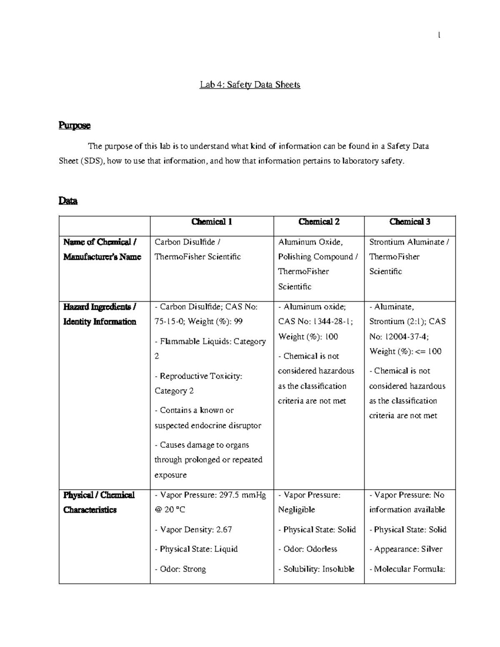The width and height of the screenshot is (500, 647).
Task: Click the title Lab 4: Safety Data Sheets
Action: pyautogui.click(x=250, y=85)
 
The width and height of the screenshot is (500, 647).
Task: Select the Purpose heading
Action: pyautogui.click(x=75, y=125)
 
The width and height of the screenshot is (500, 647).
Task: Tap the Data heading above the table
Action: pyautogui.click(x=68, y=201)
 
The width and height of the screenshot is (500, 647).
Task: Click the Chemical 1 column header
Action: pyautogui.click(x=212, y=222)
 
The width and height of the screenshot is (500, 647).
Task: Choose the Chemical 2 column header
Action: pyautogui.click(x=319, y=222)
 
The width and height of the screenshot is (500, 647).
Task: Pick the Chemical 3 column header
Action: pyautogui.click(x=410, y=222)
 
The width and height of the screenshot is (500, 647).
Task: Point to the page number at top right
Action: pyautogui.click(x=439, y=36)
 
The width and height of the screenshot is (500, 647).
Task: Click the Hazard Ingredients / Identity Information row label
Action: pyautogui.click(x=100, y=314)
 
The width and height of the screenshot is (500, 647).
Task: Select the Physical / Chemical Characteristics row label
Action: pyautogui.click(x=99, y=502)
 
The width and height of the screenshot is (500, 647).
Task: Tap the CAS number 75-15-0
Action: pyautogui.click(x=168, y=322)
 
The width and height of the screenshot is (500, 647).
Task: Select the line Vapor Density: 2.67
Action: pyautogui.click(x=193, y=530)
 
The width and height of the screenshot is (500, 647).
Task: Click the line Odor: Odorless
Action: pyautogui.click(x=307, y=550)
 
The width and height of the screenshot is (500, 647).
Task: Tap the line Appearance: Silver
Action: pyautogui.click(x=406, y=550)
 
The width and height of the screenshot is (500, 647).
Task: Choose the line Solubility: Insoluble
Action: pyautogui.click(x=316, y=569)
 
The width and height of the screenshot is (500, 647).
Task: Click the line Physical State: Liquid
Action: pyautogui.click(x=196, y=550)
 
